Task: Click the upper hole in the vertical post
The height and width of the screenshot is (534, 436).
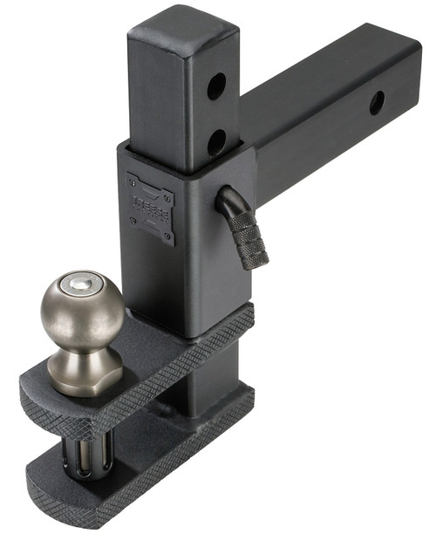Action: point(216,86)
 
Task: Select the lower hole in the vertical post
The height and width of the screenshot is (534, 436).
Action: point(216,140)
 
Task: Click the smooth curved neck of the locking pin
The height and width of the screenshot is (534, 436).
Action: point(228,202)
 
